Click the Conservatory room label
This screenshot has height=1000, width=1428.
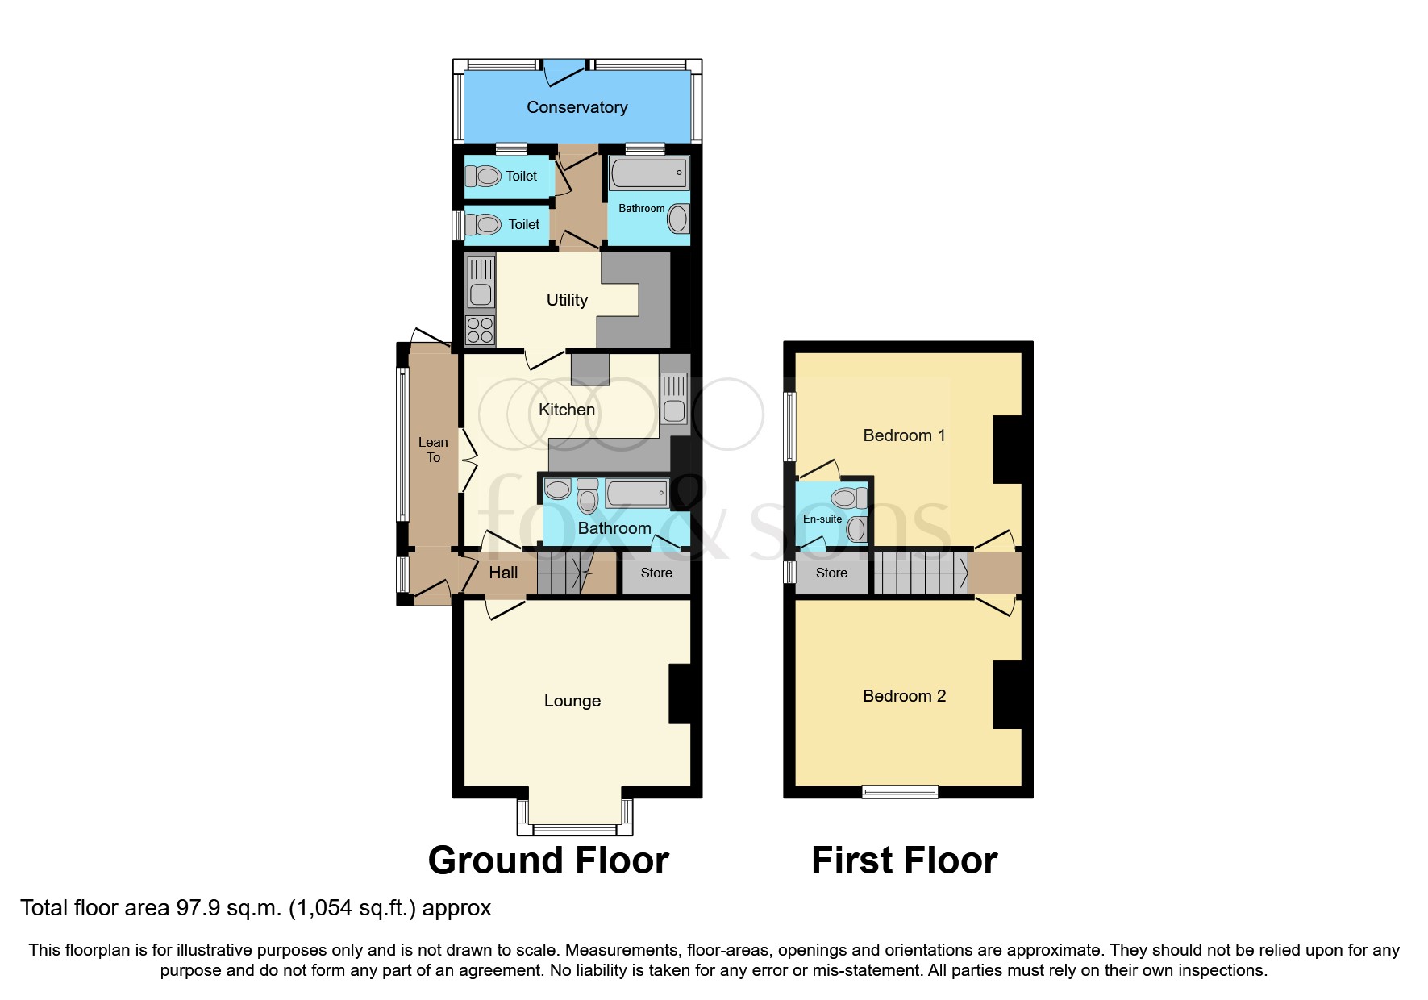pos(577,107)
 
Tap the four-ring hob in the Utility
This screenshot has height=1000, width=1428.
pos(480,331)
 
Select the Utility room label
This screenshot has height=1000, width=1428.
pos(567,300)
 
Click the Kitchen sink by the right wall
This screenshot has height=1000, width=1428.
pos(674,398)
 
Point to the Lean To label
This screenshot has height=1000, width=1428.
pos(433,450)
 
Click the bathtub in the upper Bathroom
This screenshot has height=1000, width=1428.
pos(648,173)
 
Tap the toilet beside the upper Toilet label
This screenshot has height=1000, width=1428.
pos(483,176)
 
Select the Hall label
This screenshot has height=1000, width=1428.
pos(503,573)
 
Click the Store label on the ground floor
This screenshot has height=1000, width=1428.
pos(656,573)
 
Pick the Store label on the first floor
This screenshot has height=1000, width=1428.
pos(831,573)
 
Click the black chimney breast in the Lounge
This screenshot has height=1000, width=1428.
pos(680,694)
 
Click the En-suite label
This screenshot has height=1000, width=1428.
pos(822,519)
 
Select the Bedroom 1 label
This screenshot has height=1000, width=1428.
pos(903,435)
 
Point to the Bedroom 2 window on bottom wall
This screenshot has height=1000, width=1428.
pos(900,792)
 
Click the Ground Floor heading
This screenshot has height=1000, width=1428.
pos(548,860)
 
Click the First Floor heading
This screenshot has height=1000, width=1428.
pos(904,860)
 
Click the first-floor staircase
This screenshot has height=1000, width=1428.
pos(921,573)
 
